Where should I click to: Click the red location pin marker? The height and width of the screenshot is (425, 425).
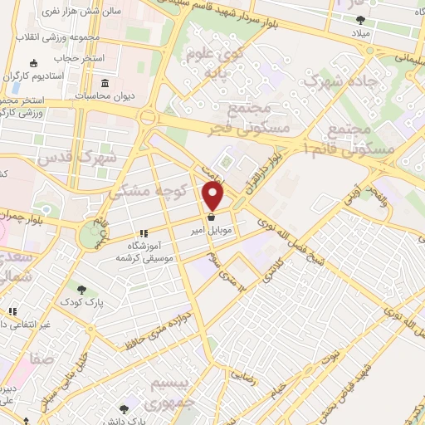pyautogui.click(x=213, y=196)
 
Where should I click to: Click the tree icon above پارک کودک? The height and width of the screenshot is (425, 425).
pyautogui.click(x=81, y=290)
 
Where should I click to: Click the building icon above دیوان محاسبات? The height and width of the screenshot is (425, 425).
pyautogui.click(x=105, y=83)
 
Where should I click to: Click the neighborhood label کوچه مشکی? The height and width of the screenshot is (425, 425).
pyautogui.click(x=139, y=189)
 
